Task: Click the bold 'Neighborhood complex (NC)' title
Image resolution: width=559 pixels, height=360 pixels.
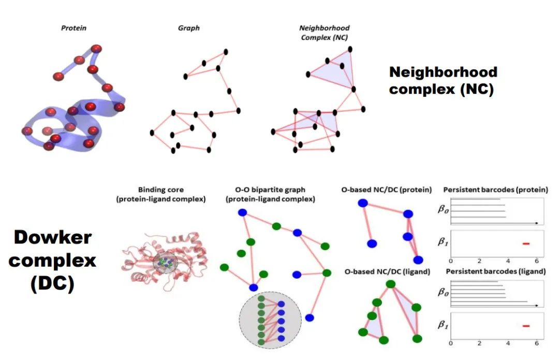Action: pyautogui.click(x=443, y=80)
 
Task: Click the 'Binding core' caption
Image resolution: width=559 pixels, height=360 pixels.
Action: pyautogui.click(x=160, y=194)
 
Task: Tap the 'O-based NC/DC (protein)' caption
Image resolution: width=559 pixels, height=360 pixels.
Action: pyautogui.click(x=387, y=190)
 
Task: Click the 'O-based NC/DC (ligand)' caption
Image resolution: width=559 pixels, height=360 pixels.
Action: pyautogui.click(x=387, y=271)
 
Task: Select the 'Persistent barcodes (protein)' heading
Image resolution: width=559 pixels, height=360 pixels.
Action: pyautogui.click(x=496, y=190)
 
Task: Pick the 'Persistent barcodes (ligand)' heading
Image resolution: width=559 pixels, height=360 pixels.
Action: pyautogui.click(x=496, y=271)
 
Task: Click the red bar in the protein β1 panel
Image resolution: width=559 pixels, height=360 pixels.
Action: pyautogui.click(x=526, y=243)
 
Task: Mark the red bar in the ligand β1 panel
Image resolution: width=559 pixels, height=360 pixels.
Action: pyautogui.click(x=526, y=326)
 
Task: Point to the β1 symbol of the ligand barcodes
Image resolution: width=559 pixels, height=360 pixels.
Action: pyautogui.click(x=443, y=325)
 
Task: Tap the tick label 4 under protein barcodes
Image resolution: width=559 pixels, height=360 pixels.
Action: pyautogui.click(x=507, y=261)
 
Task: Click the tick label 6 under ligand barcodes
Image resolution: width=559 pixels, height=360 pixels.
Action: pyautogui.click(x=536, y=343)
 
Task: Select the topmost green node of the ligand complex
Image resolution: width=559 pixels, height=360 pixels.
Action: pyautogui.click(x=391, y=284)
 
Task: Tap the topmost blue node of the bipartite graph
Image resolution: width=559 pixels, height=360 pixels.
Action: pyautogui.click(x=242, y=212)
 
